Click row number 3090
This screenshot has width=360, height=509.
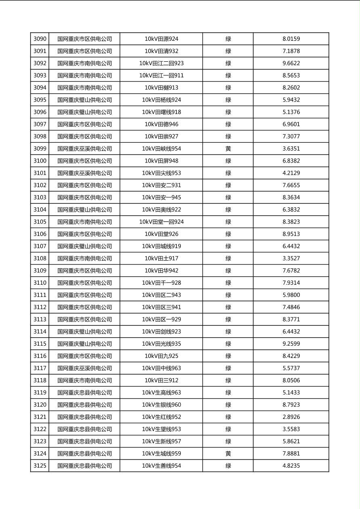[x=40, y=39]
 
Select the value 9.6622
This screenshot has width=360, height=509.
[x=291, y=63]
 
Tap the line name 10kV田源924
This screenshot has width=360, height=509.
[x=161, y=39]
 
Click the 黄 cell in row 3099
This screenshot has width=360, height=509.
[x=228, y=149]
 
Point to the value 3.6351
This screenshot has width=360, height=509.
[x=291, y=149]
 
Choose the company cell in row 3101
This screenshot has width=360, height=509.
[x=84, y=173]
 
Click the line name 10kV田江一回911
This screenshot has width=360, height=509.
[x=161, y=75]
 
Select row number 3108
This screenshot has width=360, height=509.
[x=40, y=259]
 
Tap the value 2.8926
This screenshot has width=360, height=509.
[x=291, y=417]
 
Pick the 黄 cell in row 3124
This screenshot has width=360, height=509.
[x=228, y=454]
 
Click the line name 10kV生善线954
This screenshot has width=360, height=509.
[x=161, y=466]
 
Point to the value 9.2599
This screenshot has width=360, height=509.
[x=291, y=344]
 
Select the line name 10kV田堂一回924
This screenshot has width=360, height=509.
[x=161, y=222]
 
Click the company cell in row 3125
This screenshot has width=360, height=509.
[x=84, y=466]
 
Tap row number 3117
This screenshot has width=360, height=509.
[x=40, y=368]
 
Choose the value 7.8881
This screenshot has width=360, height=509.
[x=291, y=454]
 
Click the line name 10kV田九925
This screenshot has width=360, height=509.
[x=161, y=356]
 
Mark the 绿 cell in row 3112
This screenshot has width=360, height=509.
[x=228, y=307]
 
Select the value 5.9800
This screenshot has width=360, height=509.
[x=291, y=295]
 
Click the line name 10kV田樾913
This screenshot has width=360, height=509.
[x=161, y=88]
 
